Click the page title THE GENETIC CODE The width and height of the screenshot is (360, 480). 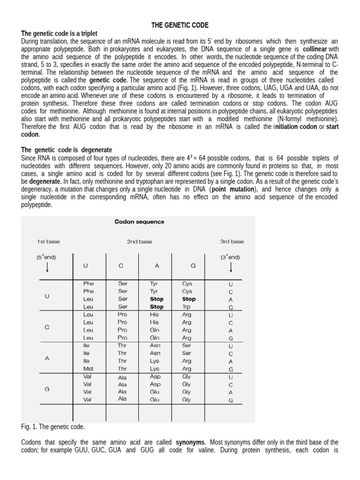[x=180, y=25]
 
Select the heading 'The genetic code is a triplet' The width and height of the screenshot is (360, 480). [x=60, y=33]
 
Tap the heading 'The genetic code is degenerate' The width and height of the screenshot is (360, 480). [x=67, y=150]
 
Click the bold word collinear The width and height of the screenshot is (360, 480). [x=315, y=49]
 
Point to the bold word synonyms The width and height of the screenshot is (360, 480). [x=190, y=442]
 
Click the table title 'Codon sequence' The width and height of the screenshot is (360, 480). [x=139, y=222]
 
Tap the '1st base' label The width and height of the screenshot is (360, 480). [x=48, y=242]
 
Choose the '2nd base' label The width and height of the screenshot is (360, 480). [x=139, y=242]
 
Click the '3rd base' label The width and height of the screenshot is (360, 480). [x=232, y=242]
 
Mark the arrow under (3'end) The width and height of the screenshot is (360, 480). [x=231, y=267]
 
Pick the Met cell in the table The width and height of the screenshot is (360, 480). [x=88, y=369]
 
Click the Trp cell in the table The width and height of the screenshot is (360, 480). [x=187, y=307]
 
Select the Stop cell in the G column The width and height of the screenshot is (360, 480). [x=188, y=299]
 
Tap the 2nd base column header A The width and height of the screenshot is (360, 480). [x=157, y=265]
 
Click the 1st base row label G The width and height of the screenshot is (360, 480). [x=47, y=389]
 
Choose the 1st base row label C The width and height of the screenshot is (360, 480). [x=47, y=327]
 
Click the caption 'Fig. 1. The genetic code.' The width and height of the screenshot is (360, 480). [x=53, y=427]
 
